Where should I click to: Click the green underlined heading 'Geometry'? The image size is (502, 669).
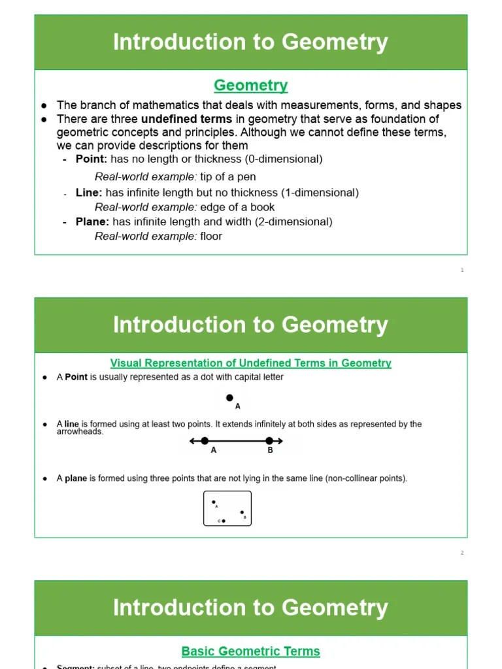[x=250, y=86]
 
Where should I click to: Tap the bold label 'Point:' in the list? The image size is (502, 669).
[x=92, y=159]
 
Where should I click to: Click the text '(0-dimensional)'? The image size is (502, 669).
[x=283, y=159]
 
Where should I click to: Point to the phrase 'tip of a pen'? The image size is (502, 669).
[x=228, y=176]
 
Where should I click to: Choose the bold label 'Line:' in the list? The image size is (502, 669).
[x=89, y=193]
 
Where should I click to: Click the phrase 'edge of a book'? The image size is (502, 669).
[x=237, y=207]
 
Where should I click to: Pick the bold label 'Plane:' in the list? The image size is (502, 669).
[x=92, y=221]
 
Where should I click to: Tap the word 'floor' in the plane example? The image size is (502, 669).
[x=211, y=236]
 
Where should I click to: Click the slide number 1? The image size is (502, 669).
[x=462, y=270]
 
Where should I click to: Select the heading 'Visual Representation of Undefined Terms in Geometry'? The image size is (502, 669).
[x=250, y=363]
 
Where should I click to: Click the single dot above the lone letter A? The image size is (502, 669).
[x=229, y=397]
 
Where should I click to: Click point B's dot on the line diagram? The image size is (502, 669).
[x=269, y=441]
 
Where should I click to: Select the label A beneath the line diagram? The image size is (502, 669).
[x=214, y=450]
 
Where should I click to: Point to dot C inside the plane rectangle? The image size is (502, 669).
[x=224, y=521]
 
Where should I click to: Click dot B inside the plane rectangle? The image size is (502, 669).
[x=242, y=513]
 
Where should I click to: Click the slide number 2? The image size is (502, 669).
[x=462, y=553]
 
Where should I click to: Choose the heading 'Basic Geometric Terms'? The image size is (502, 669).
[x=250, y=651]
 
